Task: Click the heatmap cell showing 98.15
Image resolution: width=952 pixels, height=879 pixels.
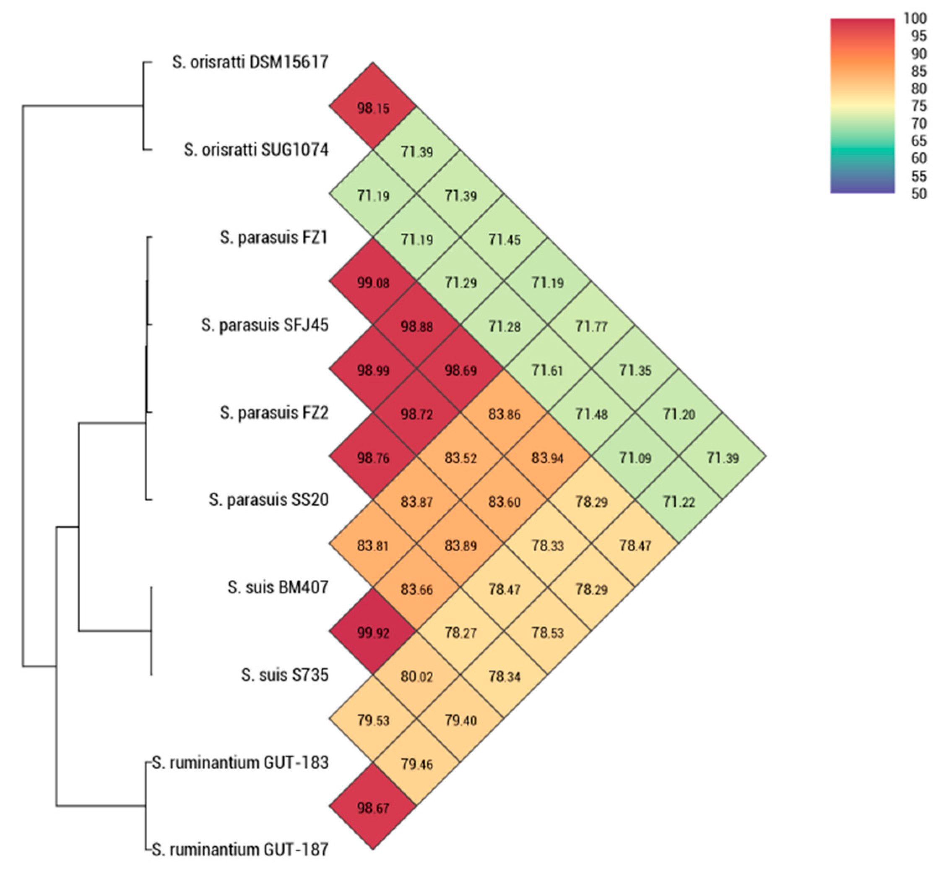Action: pyautogui.click(x=373, y=108)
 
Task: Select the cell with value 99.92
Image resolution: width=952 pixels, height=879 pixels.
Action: pyautogui.click(x=373, y=633)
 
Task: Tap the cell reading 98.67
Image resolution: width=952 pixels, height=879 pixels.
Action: pyautogui.click(x=373, y=808)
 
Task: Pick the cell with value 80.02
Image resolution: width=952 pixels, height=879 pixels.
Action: pyautogui.click(x=416, y=676)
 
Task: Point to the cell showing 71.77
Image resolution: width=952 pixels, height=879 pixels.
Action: pyautogui.click(x=591, y=326)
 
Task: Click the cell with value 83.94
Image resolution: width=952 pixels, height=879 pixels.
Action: pyautogui.click(x=547, y=458)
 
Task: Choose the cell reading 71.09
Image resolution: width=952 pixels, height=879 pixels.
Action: pyautogui.click(x=635, y=458)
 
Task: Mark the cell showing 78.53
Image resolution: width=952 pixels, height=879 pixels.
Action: pyautogui.click(x=547, y=633)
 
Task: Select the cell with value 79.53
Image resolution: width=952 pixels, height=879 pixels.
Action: pyautogui.click(x=373, y=720)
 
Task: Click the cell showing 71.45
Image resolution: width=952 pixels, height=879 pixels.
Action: pyautogui.click(x=504, y=239)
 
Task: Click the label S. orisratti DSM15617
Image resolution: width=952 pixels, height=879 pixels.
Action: pyautogui.click(x=250, y=62)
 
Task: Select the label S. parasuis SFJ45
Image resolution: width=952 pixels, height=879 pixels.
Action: pyautogui.click(x=264, y=325)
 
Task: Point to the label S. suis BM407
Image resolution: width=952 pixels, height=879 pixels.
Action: pyautogui.click(x=278, y=587)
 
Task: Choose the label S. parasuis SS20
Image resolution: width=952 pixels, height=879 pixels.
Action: pyautogui.click(x=269, y=500)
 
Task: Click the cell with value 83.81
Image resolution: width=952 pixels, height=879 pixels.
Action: pyautogui.click(x=373, y=545)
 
